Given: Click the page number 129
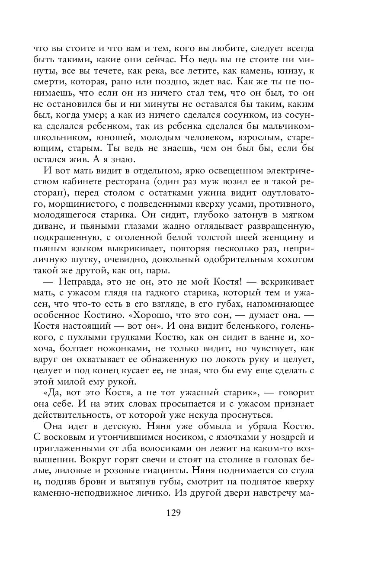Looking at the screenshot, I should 173,513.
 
